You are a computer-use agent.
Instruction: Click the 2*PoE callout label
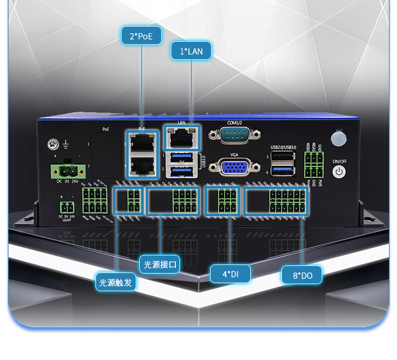[x=141, y=36]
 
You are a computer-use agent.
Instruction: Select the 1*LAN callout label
[x=191, y=51]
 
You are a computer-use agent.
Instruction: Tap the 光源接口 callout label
[x=160, y=264]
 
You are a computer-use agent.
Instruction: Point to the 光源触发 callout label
[x=116, y=283]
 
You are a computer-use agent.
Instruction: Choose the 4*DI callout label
[x=230, y=274]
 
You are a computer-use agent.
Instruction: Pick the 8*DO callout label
[x=302, y=275]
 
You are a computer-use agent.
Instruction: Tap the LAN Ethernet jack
[x=181, y=137]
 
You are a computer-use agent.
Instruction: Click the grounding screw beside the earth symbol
[x=51, y=145]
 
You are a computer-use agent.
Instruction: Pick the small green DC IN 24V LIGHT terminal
[x=66, y=207]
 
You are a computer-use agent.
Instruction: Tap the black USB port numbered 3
[x=283, y=156]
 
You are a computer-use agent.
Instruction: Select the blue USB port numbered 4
[x=283, y=170]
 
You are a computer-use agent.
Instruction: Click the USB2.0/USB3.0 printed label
[x=284, y=147]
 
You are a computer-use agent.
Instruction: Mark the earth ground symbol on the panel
[x=65, y=145]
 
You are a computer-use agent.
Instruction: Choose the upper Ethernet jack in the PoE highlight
[x=142, y=144]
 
